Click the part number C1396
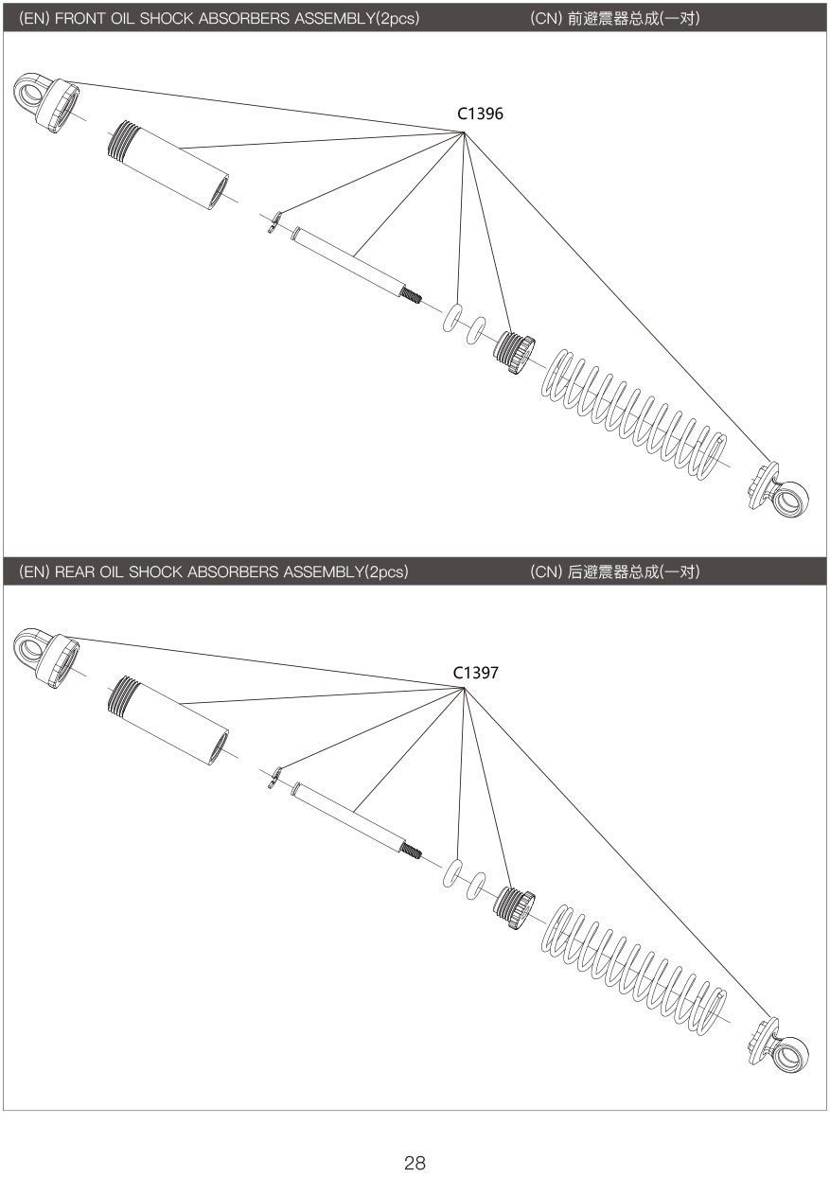[480, 114]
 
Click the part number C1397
[475, 673]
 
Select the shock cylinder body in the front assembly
[168, 166]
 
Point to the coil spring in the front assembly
[633, 413]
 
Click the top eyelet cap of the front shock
[46, 103]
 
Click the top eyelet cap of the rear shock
[46, 659]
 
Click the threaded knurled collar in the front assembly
[514, 352]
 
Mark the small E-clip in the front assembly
[274, 222]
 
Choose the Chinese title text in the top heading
[633, 18]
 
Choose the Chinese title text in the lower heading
[633, 571]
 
